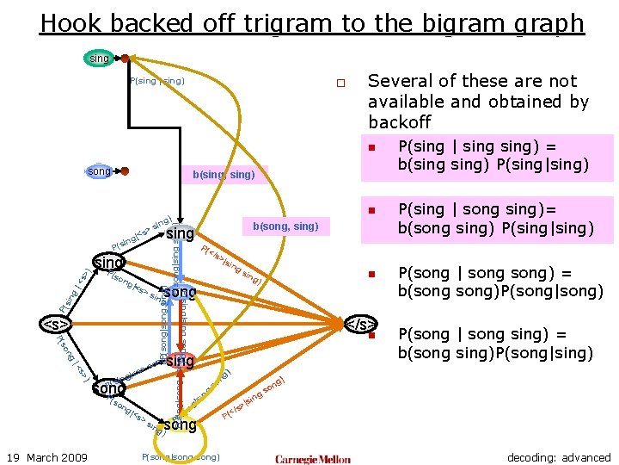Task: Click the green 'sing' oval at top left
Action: (99, 59)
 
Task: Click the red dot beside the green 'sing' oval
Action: (125, 59)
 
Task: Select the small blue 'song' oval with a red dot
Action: (100, 171)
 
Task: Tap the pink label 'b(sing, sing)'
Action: (224, 175)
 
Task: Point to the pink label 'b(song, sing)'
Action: (285, 226)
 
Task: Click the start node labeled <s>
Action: (56, 325)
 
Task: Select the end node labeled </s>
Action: (360, 325)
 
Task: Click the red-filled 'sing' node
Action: (181, 361)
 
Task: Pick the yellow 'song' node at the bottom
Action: (181, 425)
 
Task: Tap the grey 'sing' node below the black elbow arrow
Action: (181, 234)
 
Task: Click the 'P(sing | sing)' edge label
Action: (156, 81)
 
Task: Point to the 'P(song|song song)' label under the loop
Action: (181, 456)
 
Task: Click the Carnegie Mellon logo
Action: (313, 458)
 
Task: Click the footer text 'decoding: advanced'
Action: (559, 457)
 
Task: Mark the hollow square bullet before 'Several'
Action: (340, 84)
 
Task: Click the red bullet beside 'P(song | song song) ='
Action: (373, 274)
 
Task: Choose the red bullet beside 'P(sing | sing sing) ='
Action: (373, 147)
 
